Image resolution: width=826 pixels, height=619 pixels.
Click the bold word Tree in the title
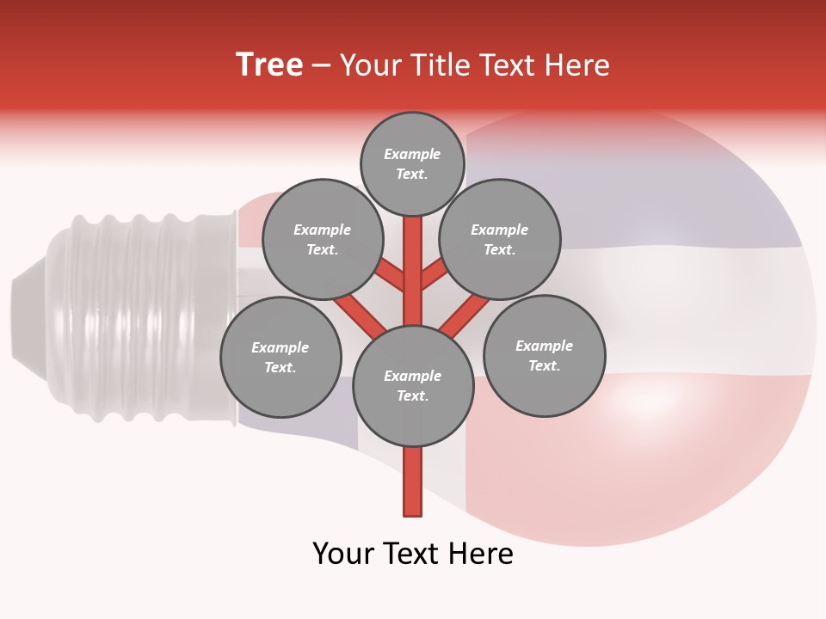[x=269, y=65]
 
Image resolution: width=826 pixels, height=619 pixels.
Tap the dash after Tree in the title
[x=321, y=66]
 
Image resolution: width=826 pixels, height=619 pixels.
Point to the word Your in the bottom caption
[x=344, y=554]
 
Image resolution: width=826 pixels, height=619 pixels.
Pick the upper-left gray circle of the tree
[x=323, y=239]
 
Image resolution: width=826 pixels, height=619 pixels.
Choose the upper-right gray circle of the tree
[x=500, y=239]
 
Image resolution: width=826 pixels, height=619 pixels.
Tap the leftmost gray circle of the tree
[x=280, y=357]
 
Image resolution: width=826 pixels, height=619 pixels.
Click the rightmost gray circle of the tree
[x=544, y=355]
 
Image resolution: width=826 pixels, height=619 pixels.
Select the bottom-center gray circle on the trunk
[x=413, y=386]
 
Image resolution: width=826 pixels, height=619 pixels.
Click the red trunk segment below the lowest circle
[x=413, y=481]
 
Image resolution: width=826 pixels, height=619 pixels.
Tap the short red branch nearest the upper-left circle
[x=390, y=275]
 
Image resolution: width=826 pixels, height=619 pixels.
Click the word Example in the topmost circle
[x=412, y=155]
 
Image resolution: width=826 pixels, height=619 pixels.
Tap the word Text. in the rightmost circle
[x=544, y=366]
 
